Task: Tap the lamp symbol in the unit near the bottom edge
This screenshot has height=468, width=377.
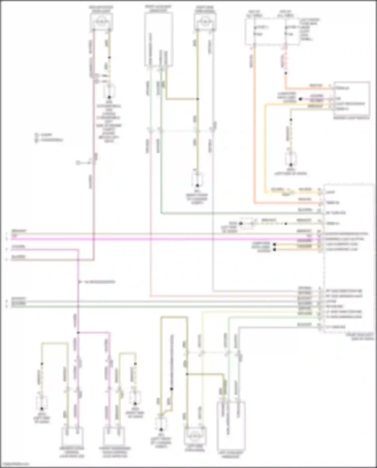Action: pos(195,435)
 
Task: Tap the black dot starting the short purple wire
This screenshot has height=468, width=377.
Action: pos(300,99)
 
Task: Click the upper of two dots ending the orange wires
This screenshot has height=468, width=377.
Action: pos(275,244)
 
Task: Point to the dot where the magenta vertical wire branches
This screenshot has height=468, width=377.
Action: pos(78,332)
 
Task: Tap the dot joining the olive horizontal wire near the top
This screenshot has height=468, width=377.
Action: pos(198,99)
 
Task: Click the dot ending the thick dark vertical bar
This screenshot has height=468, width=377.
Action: pos(172,389)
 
